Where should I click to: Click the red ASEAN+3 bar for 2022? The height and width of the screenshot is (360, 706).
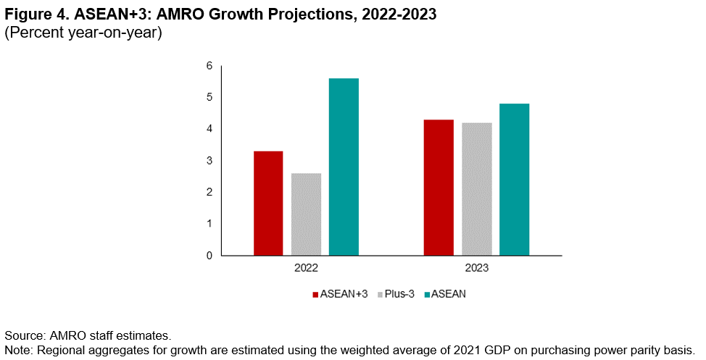click(x=268, y=203)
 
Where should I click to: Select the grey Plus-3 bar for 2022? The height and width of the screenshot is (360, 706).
click(x=307, y=214)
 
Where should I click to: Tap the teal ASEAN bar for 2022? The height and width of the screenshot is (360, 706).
click(x=344, y=167)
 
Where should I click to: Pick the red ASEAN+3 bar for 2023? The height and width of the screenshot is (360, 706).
click(x=439, y=188)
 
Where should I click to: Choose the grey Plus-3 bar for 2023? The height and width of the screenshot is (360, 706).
click(x=476, y=189)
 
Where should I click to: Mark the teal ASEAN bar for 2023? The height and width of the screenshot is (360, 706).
click(x=514, y=180)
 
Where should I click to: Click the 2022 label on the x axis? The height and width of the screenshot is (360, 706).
click(x=306, y=268)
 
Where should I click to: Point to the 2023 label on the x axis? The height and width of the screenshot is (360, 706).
click(x=476, y=268)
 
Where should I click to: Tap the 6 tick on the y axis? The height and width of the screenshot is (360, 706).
click(x=209, y=66)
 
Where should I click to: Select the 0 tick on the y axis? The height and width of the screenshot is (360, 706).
click(x=209, y=256)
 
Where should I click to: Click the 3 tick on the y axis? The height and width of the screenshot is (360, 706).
click(x=209, y=161)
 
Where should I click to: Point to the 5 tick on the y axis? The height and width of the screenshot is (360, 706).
click(x=209, y=98)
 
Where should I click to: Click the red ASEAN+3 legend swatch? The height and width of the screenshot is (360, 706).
click(x=315, y=295)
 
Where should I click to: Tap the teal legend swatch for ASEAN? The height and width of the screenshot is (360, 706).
click(x=427, y=295)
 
